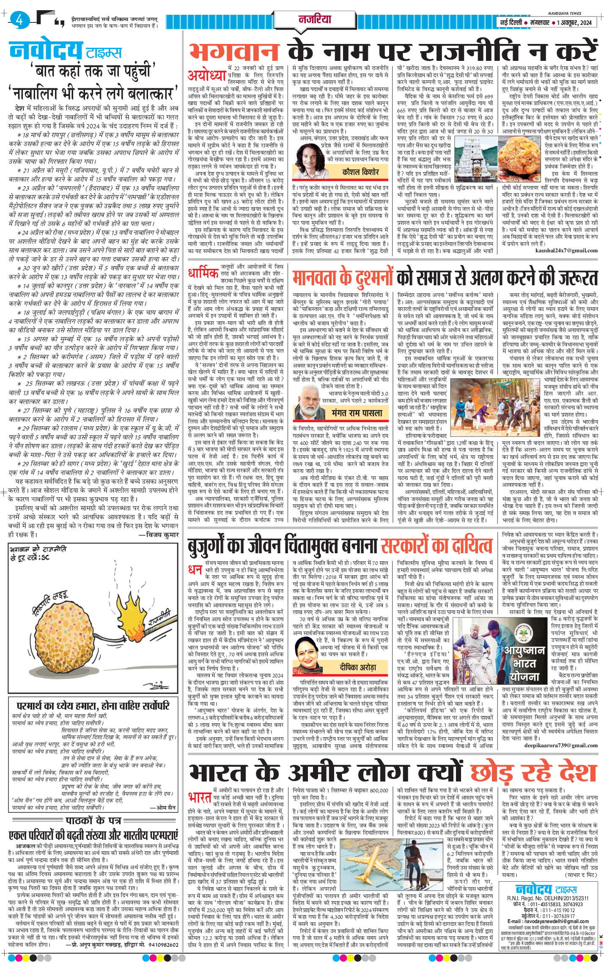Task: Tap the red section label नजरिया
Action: (x=315, y=19)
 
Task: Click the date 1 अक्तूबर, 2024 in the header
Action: (x=574, y=22)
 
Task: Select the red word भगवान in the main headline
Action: (x=234, y=51)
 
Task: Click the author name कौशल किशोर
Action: (x=360, y=172)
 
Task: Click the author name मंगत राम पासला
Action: (x=357, y=413)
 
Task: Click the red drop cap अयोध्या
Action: (x=206, y=75)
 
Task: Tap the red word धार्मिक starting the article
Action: (x=203, y=273)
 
